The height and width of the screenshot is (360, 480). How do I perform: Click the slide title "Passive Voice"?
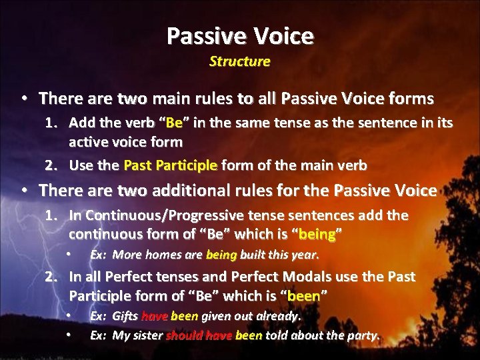pos(239,35)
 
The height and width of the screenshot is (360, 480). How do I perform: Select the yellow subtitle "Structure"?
pos(239,61)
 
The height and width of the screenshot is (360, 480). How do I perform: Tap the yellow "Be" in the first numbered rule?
pos(174,123)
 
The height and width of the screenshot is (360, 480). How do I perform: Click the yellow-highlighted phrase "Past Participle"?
pos(171,165)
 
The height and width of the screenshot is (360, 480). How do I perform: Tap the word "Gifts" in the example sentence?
pos(125,315)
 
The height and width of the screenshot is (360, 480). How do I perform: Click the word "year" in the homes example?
pos(305,255)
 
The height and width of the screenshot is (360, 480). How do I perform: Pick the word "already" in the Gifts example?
pos(281,315)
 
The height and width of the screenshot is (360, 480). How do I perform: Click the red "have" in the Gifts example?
pos(155,315)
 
